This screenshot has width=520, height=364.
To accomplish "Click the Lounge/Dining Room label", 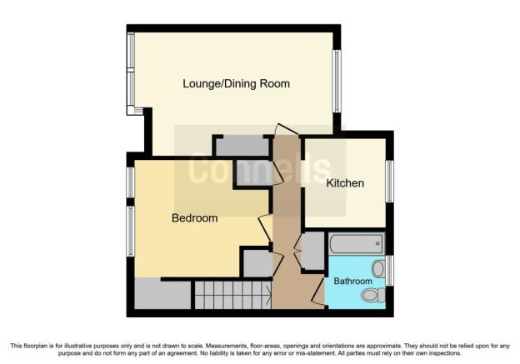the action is pos(236,83).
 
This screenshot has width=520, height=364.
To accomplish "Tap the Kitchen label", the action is pos(345,183).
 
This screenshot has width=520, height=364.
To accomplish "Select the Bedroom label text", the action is pos(195,217).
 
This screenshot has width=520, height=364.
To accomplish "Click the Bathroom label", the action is pos(352,282).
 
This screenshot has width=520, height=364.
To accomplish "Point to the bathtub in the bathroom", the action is pos(357,244).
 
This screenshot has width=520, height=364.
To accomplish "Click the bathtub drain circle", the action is pos(377,244).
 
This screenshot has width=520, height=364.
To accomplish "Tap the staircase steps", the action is pos(232,295).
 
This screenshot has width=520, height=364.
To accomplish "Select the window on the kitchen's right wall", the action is pos(390,181).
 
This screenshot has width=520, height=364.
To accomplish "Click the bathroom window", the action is pos(390,270).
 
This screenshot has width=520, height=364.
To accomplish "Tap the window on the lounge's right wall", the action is pos(337,82).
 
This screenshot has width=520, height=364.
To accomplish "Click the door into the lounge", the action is pos(287,129).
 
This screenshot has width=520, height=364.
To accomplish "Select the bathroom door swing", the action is pos(317,291).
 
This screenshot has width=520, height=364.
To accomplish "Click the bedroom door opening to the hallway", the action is pos(265,228).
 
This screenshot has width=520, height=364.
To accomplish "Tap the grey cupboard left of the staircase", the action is pos(162,295).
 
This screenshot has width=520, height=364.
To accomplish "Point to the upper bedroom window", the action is pos(131,182).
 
